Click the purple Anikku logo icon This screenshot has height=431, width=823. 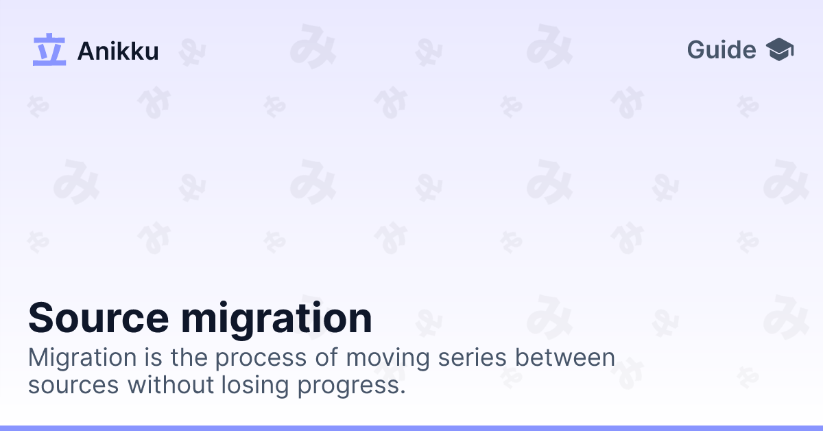[x=49, y=50]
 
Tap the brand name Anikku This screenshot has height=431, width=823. [x=118, y=51]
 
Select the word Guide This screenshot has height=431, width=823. [x=721, y=50]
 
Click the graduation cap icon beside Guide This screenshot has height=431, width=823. [x=780, y=50]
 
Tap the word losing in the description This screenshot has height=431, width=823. [x=254, y=386]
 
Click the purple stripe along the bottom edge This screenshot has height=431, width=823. [x=411, y=428]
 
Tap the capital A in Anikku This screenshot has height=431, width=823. [x=86, y=51]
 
